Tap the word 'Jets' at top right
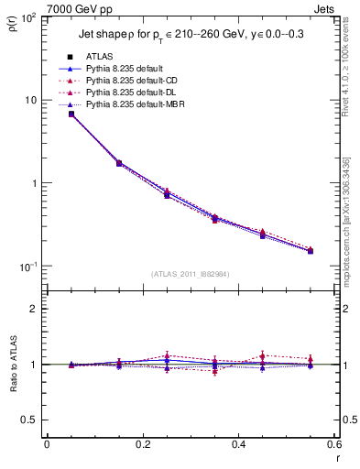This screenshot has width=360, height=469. tap(325, 10)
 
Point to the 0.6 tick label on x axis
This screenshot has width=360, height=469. tap(333, 445)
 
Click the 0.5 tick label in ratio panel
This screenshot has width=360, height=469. tap(31, 420)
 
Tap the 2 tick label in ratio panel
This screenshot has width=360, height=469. tap(35, 309)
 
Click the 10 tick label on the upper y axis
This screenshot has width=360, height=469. tap(30, 100)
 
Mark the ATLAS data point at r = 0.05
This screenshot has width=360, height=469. tap(71, 114)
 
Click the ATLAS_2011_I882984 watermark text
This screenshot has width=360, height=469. tap(191, 274)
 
